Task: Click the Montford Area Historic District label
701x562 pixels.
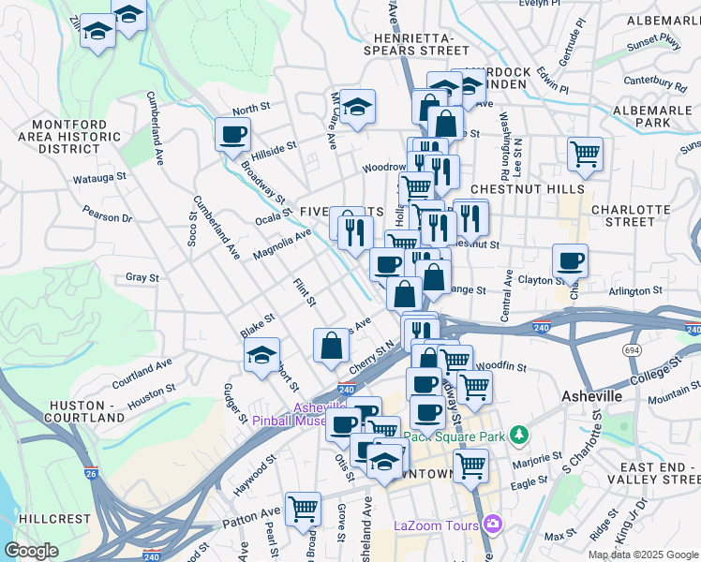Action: [75, 137]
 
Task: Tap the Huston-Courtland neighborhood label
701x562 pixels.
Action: [84, 411]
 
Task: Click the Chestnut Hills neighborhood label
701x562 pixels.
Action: [519, 188]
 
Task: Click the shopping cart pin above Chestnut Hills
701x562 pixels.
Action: [585, 153]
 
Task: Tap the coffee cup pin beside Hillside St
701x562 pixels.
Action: [231, 133]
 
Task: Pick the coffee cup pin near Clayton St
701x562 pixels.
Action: [569, 259]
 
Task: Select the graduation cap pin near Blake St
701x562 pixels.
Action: [261, 354]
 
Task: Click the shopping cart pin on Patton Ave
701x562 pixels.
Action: [303, 509]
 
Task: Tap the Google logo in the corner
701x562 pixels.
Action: [31, 550]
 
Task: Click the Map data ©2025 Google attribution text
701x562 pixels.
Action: [643, 555]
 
